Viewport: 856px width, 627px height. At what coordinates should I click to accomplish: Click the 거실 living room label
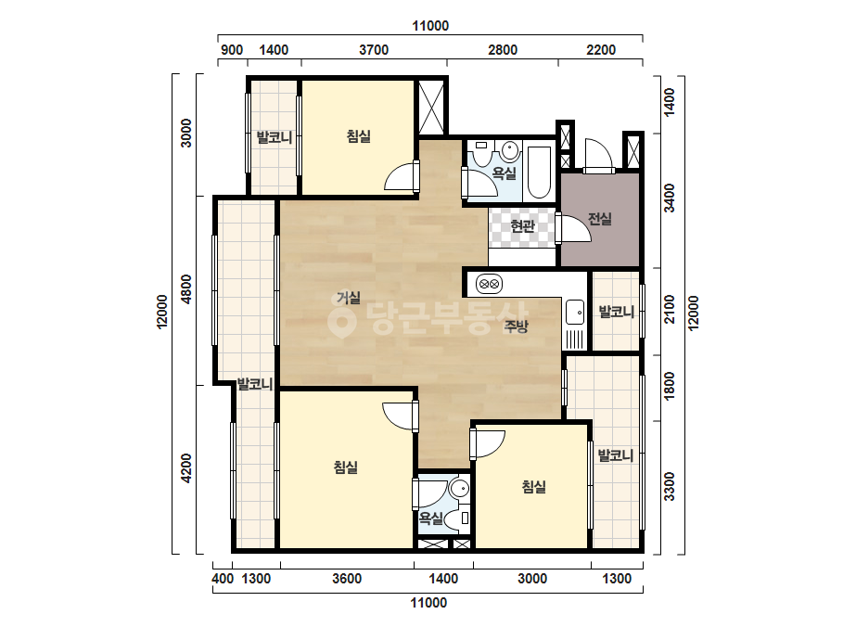coord(349,299)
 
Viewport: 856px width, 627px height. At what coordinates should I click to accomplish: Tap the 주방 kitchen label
coord(516,326)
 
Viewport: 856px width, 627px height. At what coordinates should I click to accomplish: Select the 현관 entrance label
coord(522,225)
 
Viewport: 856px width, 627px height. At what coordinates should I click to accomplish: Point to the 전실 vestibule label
coord(599,219)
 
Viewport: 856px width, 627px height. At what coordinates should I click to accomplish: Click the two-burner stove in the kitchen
coord(489,284)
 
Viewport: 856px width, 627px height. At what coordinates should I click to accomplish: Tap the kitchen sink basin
coord(575,313)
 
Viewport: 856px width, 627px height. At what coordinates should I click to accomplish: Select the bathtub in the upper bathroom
coord(540,172)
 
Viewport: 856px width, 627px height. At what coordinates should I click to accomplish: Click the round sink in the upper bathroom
coord(510,151)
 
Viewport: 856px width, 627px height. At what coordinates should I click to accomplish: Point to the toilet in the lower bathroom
coord(457,518)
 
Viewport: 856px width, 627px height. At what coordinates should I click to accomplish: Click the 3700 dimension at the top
coord(374,50)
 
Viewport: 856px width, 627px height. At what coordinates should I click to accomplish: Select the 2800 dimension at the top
coord(503,50)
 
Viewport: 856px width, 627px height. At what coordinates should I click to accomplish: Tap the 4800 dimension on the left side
coord(186,289)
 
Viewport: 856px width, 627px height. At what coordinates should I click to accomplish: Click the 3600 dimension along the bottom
coord(347,579)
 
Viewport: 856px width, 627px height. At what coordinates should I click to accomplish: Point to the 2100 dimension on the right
coord(670,310)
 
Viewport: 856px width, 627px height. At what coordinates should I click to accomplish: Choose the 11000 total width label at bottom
coord(428,603)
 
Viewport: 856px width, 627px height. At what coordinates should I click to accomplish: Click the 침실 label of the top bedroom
coord(359,136)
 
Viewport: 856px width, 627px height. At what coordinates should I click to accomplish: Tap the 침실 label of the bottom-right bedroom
coord(533,487)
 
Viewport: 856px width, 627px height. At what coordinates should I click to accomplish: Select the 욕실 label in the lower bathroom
coord(430,518)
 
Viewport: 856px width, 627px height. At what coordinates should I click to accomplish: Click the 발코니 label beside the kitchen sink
coord(617,312)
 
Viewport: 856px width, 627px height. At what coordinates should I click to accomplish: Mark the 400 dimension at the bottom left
coord(223,579)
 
